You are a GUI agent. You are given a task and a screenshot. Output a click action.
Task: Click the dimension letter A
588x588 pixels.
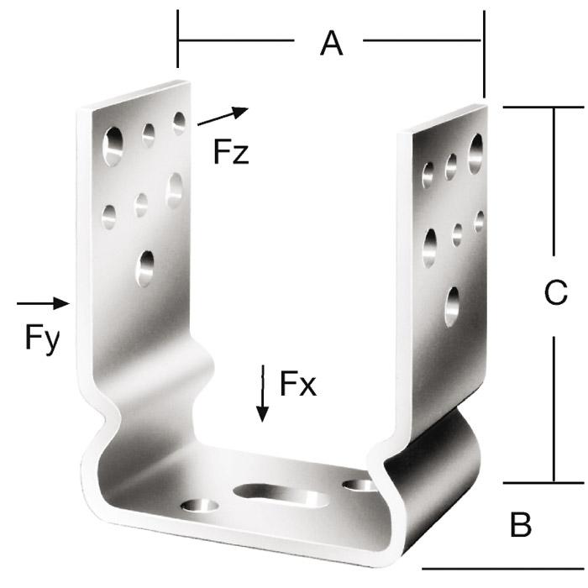332,44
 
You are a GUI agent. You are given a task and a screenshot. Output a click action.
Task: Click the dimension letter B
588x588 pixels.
521,525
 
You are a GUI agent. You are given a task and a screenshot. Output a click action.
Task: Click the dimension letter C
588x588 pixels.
555,292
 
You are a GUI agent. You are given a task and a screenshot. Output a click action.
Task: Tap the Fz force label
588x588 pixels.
231,151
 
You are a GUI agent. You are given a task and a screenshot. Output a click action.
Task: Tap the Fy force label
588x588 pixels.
42,339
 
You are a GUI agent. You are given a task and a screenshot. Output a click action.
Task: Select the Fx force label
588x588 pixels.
298,383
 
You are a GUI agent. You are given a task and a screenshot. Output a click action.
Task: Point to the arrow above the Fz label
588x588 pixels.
223,116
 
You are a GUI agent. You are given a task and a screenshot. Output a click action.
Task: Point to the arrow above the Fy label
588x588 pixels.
43,303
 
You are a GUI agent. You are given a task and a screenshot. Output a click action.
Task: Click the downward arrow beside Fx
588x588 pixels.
262,393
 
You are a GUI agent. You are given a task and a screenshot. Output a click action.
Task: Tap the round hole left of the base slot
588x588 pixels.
200,505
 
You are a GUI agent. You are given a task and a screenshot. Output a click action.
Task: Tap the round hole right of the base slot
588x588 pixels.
360,485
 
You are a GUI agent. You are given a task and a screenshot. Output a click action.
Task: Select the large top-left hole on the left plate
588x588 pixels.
113,146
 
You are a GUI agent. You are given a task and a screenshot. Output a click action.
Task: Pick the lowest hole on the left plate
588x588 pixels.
145,269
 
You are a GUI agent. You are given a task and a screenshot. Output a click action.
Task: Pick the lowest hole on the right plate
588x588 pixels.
452,307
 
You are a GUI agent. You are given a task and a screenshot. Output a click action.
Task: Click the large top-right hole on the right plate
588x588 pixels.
475,154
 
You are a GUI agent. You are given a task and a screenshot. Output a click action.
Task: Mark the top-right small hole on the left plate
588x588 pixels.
179,123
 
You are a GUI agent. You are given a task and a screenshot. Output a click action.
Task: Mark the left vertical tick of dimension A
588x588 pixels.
178,39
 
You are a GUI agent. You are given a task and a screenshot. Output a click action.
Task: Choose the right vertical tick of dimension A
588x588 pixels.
484,54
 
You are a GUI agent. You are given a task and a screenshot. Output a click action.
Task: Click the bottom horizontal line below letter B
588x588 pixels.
503,569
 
